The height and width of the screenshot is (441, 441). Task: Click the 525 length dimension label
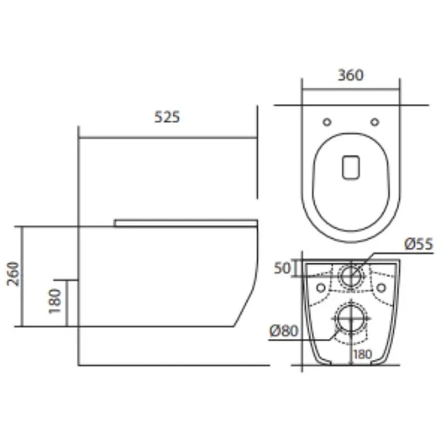(167, 117)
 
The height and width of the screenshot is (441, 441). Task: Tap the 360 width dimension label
(351, 75)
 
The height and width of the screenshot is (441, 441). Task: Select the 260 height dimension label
(13, 274)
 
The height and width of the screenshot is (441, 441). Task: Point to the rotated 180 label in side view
(55, 301)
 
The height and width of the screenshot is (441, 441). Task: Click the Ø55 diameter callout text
(419, 244)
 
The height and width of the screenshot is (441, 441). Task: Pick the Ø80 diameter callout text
(283, 331)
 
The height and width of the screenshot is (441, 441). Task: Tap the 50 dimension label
(282, 268)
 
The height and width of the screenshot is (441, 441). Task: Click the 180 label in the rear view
(363, 354)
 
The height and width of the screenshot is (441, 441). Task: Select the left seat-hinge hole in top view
(327, 122)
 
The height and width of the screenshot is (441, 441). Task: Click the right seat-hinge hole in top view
(375, 122)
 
